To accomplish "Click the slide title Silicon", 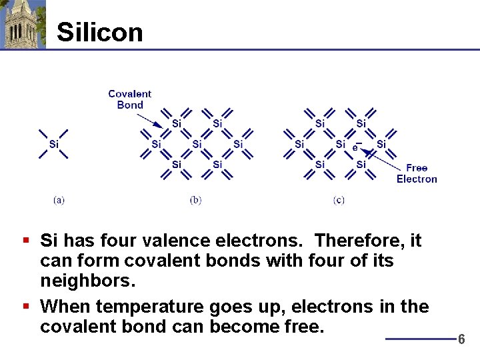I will point(100,32).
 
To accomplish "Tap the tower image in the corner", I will point(23,24).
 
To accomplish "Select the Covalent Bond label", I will point(129,99).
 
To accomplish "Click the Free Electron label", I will point(417,173).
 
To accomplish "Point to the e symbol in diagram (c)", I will point(356,147).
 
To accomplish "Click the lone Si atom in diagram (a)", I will point(53,144).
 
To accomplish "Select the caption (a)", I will point(59,200).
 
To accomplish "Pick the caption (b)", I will point(195,200).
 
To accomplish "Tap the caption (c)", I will point(339,200).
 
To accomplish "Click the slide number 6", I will point(461,339).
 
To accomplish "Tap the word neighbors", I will point(88,280).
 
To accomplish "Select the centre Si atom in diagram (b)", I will point(197,144).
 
